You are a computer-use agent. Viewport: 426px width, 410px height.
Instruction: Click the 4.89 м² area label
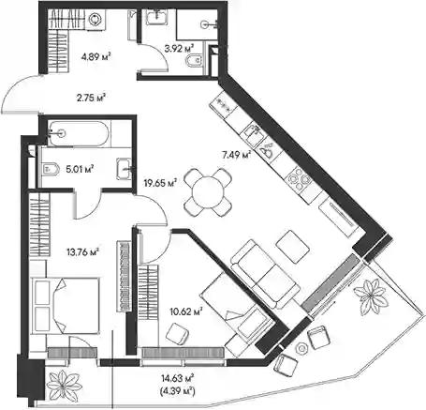point(95,57)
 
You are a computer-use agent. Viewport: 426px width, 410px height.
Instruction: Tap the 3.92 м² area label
point(179,49)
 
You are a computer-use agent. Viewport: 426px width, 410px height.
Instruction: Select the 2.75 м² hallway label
point(90,98)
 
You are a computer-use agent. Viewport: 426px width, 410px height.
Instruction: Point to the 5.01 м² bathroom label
point(80,169)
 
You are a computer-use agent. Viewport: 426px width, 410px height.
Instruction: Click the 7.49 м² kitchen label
point(237,154)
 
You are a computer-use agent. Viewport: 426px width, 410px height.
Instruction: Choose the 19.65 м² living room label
point(160,182)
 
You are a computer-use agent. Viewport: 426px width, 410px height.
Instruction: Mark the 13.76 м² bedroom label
point(83,251)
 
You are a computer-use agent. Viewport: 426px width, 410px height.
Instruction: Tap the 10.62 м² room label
point(186,311)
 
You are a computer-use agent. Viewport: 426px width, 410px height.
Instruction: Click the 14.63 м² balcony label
point(178,378)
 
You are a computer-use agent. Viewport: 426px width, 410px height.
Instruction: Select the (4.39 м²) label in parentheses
point(178,390)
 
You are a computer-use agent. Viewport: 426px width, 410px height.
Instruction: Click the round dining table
point(208,192)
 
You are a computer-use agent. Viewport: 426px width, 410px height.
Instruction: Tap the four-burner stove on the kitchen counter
point(300,179)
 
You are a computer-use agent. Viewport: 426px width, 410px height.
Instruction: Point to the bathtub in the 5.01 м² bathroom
point(79,134)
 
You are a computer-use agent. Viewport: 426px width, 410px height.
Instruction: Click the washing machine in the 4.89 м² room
point(94,20)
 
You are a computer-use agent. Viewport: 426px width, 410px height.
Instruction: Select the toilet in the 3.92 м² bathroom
point(195,61)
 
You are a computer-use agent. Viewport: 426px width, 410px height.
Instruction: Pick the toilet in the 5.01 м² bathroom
point(51,169)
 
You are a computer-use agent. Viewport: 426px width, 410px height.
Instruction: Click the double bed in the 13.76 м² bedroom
point(66,306)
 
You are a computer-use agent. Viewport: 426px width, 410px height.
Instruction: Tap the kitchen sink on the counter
point(256,132)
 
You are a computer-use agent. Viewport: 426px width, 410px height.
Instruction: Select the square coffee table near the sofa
point(293,247)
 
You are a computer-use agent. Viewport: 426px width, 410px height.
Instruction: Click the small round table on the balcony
point(302,348)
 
